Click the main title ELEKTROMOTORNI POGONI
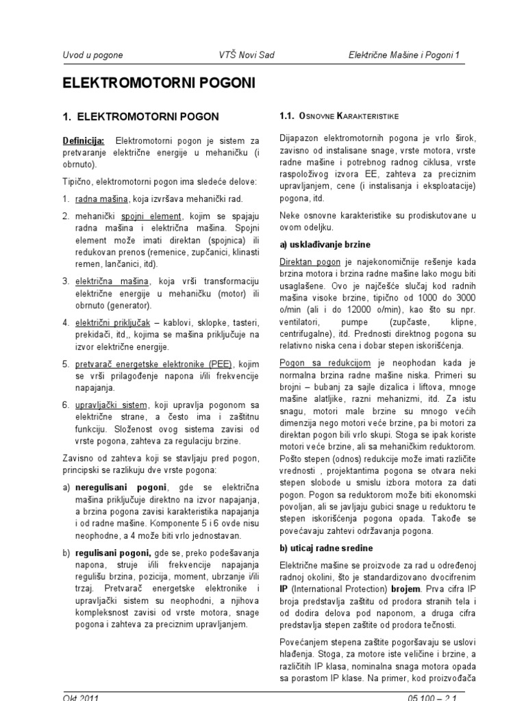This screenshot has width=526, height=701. pyautogui.click(x=149, y=83)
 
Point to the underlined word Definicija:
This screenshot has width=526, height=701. pyautogui.click(x=84, y=140)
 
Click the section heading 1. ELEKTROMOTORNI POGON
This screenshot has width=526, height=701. pyautogui.click(x=140, y=116)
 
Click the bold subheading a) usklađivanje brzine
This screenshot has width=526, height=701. pyautogui.click(x=325, y=244)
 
